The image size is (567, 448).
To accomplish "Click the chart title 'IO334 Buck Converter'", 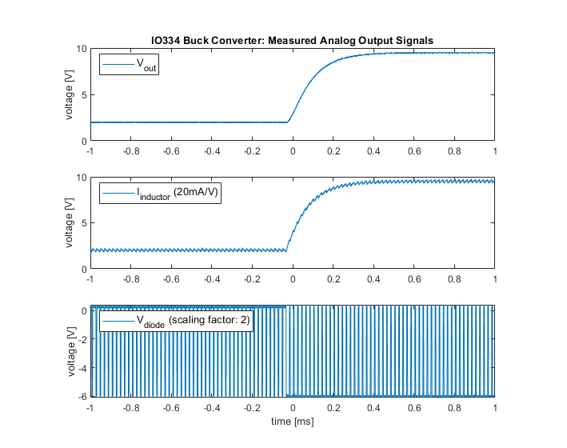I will point(292,40).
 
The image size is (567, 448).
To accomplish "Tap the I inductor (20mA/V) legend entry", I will point(160,194).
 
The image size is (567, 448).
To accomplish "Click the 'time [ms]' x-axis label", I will point(292,421).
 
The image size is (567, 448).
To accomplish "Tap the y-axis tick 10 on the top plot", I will point(81,50).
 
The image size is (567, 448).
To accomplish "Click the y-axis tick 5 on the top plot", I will point(83,95).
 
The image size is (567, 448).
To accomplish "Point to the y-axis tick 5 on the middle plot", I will point(83,223).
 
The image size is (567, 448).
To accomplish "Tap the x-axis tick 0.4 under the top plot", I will point(373,150).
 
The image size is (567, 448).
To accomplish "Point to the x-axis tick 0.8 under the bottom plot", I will point(454,406).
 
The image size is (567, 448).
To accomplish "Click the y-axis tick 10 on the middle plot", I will point(81,178).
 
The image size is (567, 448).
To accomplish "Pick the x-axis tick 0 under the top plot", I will point(293,150).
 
